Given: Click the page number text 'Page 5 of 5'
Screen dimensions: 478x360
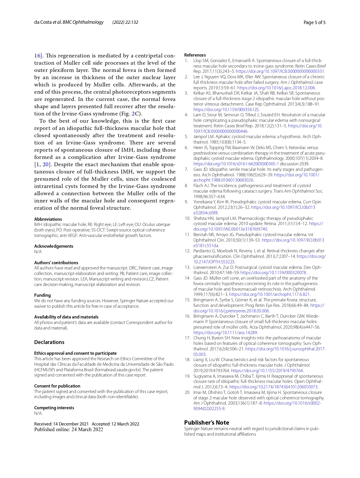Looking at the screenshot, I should pos(314,22).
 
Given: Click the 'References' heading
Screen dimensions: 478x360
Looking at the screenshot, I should pos(195,55).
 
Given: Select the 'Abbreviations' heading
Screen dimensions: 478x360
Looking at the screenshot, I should pos(48,219).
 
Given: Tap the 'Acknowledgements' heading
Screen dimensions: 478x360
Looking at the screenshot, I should pos(54,246).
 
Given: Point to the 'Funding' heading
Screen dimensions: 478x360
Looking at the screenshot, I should pos(42,295).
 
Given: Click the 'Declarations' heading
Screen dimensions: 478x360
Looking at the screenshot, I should pos(49,342).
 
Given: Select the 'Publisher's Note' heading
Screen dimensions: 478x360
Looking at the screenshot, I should pos(207,423).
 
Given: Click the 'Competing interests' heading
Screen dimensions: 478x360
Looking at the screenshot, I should pos(54,408).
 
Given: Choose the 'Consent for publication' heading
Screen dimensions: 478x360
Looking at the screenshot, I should pos(57,386).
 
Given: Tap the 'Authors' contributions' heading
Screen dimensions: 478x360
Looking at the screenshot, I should pos(56,263).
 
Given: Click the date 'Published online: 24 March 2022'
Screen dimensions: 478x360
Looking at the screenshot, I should pos(68,430).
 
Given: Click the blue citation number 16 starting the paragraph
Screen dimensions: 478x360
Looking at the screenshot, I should pos(37,56).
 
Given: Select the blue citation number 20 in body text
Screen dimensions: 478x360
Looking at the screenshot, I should pos(46,164).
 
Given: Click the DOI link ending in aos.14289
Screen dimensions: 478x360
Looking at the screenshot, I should pos(225,333).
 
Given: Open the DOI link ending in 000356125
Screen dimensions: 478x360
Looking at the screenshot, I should pos(226,110).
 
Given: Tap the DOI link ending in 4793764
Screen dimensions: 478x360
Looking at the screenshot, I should pos(267,371).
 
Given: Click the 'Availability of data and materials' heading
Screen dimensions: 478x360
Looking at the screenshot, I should pos(66,317).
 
